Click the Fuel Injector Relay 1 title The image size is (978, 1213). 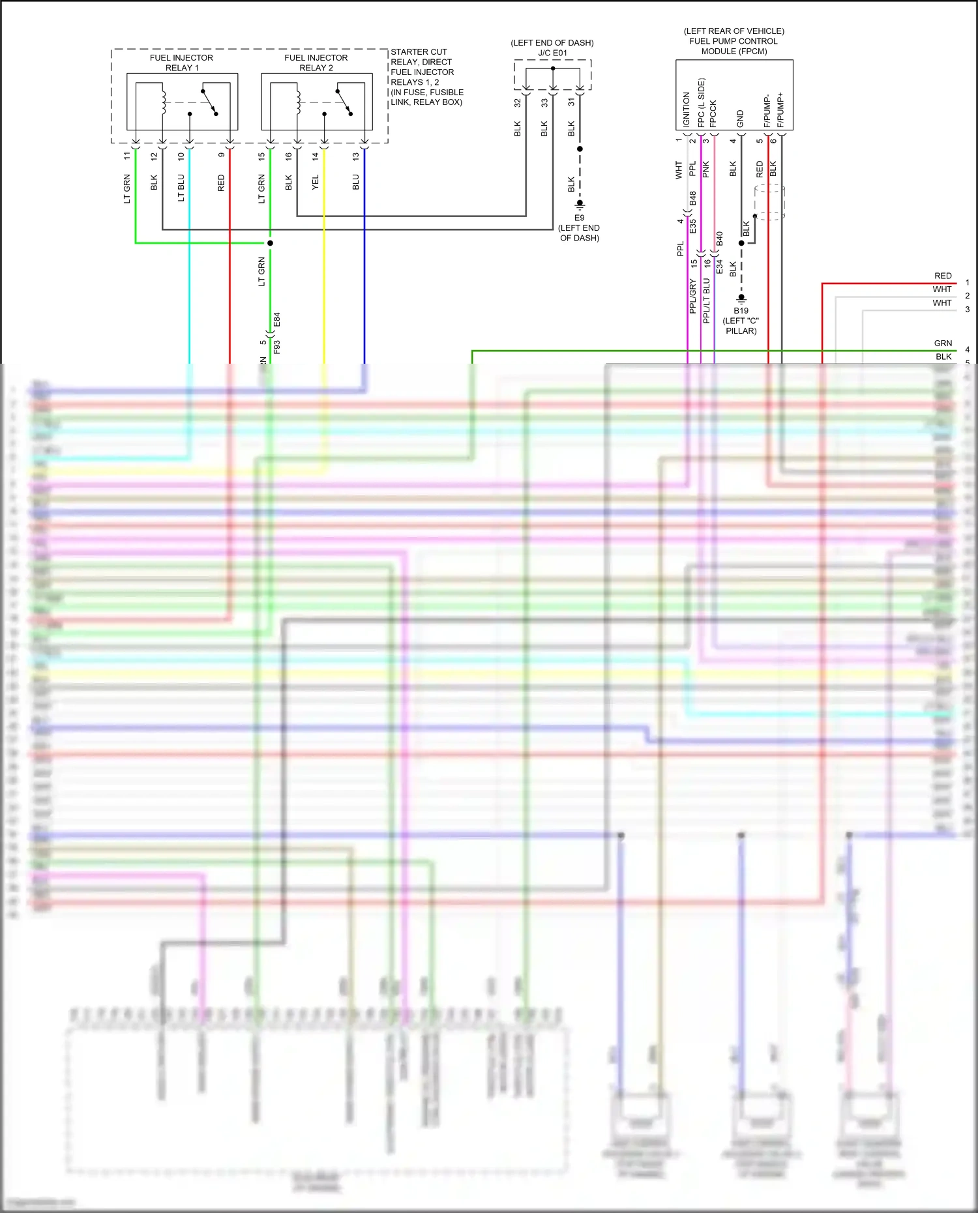[181, 63]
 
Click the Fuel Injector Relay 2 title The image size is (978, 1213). [316, 63]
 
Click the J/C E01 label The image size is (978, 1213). [552, 53]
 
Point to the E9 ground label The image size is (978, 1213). [579, 218]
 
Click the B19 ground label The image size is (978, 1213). [741, 311]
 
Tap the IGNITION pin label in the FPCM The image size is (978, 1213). [686, 109]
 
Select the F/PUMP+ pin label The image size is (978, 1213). [780, 110]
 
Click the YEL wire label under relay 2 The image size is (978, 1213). [316, 183]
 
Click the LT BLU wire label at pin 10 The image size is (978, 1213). [181, 188]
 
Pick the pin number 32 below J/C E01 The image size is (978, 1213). [518, 103]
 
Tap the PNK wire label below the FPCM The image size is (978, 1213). [705, 170]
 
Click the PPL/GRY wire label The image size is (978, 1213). [692, 297]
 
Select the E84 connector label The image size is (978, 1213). [276, 320]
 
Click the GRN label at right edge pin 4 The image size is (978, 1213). [943, 343]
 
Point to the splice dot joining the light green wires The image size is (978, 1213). [270, 243]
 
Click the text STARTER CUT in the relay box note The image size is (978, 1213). [419, 52]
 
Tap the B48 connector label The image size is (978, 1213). [692, 198]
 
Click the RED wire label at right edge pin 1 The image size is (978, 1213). [943, 276]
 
